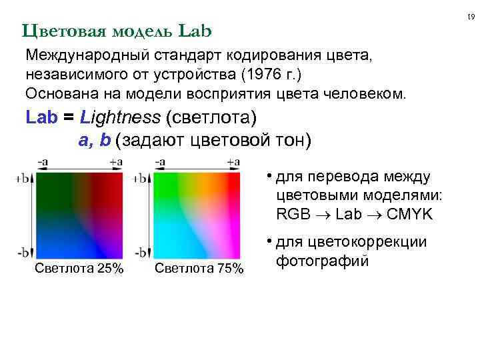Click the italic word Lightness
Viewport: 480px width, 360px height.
tap(119, 118)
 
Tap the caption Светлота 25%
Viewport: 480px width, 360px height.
tap(79, 269)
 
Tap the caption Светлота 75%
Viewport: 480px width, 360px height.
tap(199, 269)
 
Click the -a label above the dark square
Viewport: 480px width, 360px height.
tap(42, 161)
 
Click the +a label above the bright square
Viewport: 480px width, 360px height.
tap(233, 161)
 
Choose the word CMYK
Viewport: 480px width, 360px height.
tap(410, 214)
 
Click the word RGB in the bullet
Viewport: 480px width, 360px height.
tap(291, 214)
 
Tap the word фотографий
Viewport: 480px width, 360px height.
tap(323, 261)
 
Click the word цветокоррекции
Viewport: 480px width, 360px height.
tap(361, 242)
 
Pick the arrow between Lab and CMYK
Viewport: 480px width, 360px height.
tap(375, 215)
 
